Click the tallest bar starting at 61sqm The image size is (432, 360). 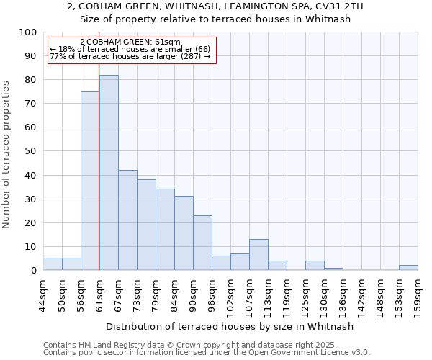109,173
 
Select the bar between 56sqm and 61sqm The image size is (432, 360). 90,181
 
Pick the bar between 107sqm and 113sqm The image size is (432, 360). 258,255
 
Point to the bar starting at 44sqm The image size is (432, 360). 53,264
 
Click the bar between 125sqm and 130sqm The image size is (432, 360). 315,266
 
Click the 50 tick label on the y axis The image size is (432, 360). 30,151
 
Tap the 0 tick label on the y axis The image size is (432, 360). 33,271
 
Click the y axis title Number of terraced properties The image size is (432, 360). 6,154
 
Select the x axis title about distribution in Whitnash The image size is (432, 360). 229,326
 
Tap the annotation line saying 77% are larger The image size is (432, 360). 130,56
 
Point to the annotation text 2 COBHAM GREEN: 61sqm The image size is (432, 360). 130,42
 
